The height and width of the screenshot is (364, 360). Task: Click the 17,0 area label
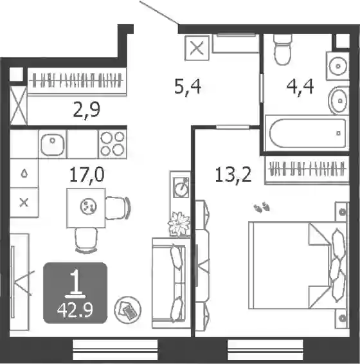pos(87,175)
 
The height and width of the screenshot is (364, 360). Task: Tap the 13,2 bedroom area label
pos(233,176)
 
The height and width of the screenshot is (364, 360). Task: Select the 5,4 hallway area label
pos(188,87)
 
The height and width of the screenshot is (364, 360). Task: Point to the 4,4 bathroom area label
pos(300,87)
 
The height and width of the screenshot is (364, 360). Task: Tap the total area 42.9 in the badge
pos(75,310)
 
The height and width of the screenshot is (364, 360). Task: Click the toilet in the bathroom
pos(282,50)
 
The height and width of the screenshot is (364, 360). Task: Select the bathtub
pos(307,133)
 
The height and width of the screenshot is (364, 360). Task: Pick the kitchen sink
pos(53,144)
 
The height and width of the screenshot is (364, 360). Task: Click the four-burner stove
pos(113,144)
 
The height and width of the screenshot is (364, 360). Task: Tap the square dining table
pos(86,208)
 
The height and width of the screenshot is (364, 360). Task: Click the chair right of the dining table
pos(118,208)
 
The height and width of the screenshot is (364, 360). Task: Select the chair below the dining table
pos(86,240)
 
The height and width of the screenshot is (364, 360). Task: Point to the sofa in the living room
pos(171,283)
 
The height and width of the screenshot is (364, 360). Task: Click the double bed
pos(298,266)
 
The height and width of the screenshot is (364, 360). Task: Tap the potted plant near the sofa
pos(179,224)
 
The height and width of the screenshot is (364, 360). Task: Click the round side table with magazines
pos(128,310)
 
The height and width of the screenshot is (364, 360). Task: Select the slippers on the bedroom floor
pos(262,207)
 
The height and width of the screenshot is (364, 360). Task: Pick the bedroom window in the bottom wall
pos(265,350)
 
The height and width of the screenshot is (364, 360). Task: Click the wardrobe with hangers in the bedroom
pos(307,170)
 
